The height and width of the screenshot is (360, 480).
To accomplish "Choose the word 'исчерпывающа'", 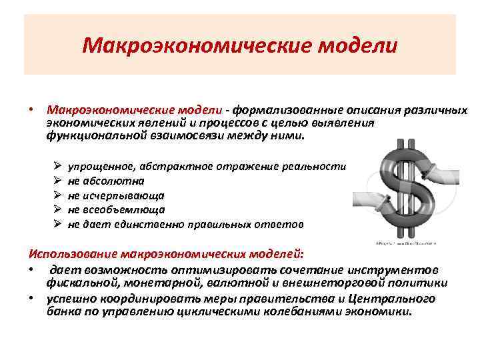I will [124, 195].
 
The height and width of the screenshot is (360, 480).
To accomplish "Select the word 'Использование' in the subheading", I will [73, 254].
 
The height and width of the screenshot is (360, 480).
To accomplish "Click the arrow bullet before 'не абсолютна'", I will [57, 181].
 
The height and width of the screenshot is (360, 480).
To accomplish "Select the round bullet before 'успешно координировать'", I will [31, 297].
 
